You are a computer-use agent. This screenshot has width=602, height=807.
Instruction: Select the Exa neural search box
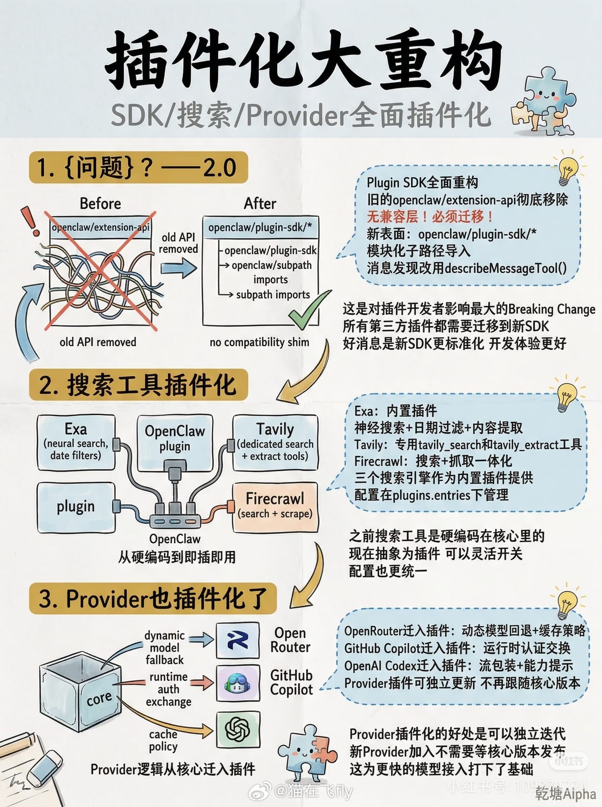(76, 442)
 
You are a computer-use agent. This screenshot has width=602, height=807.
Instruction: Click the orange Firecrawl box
(275, 506)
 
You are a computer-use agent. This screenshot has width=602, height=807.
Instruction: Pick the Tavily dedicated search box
(275, 442)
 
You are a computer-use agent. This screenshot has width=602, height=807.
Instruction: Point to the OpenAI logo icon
(237, 729)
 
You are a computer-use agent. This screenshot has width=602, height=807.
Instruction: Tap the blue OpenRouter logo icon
(237, 640)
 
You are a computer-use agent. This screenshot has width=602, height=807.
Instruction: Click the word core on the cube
(99, 698)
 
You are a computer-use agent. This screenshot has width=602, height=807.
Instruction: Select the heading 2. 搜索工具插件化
(138, 385)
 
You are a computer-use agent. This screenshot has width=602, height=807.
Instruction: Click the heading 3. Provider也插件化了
(153, 598)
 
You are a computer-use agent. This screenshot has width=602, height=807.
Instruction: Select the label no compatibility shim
(259, 342)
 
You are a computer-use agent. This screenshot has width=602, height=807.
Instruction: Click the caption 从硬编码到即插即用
(177, 557)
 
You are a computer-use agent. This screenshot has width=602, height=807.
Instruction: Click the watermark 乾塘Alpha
(565, 793)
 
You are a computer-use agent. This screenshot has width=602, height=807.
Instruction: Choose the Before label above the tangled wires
(100, 204)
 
